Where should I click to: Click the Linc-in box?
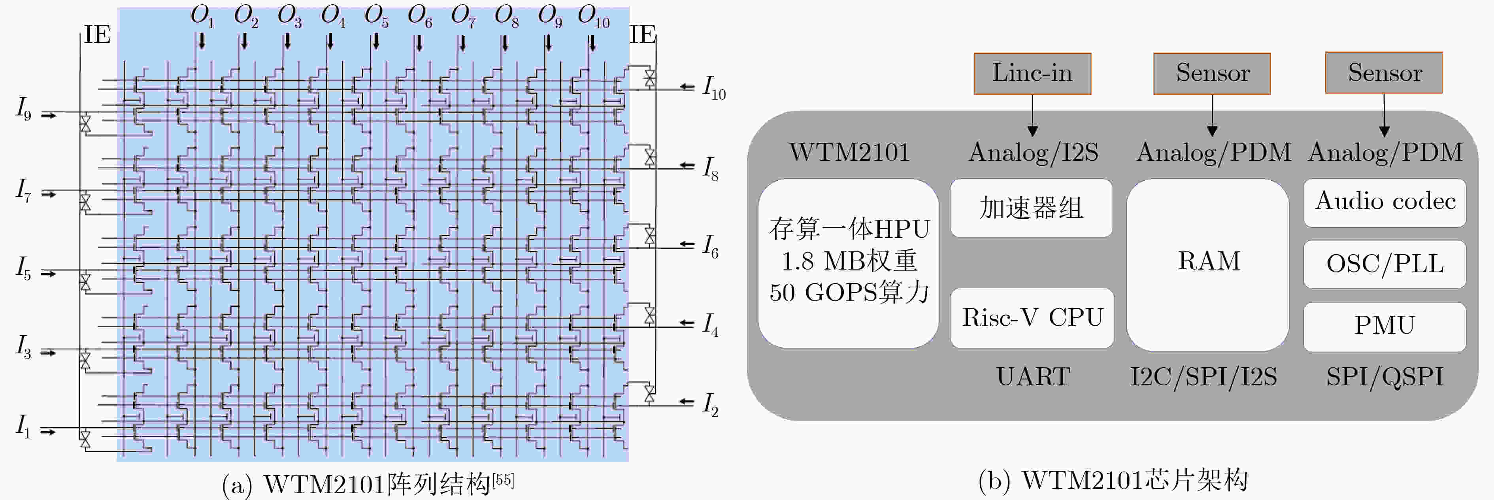click(1032, 74)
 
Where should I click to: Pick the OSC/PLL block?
click(1385, 264)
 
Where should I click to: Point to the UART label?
click(1033, 376)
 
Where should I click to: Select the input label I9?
click(23, 108)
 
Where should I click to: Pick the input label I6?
click(711, 246)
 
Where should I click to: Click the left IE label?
click(97, 35)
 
